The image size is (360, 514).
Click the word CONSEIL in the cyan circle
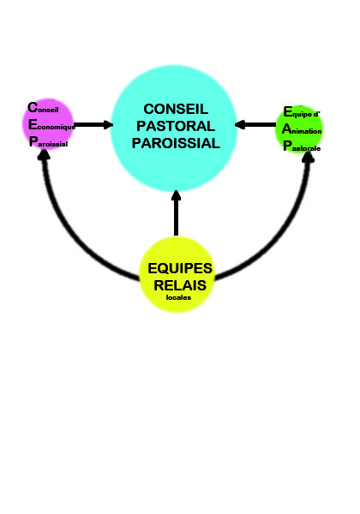(x=176, y=109)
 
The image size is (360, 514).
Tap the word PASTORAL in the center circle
(x=176, y=126)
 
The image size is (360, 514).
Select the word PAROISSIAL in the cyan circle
(x=176, y=143)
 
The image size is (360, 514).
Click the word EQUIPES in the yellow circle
(x=180, y=268)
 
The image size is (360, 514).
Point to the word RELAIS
(x=180, y=285)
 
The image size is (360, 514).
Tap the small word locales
(x=178, y=297)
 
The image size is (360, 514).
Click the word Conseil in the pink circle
(x=43, y=108)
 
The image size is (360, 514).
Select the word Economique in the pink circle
(x=51, y=125)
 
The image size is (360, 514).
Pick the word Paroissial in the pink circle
(x=49, y=142)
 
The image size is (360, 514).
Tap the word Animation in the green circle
(x=302, y=129)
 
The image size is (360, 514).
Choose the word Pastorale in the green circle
(x=302, y=146)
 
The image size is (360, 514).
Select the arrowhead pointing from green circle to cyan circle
(x=240, y=124)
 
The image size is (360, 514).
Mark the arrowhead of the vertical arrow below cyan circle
(x=176, y=195)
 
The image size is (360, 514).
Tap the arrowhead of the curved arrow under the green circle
(x=308, y=157)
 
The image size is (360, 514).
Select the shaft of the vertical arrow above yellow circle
(x=176, y=218)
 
